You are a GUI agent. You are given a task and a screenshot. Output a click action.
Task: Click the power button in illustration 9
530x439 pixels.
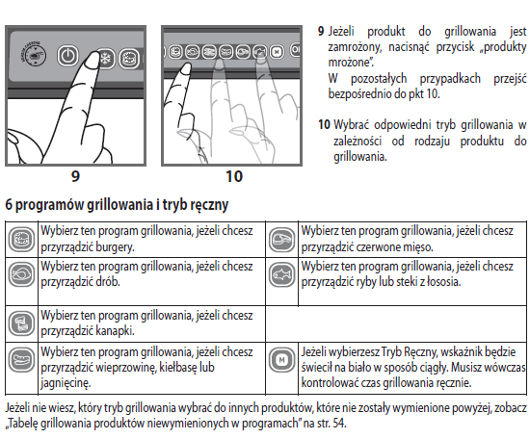(68, 56)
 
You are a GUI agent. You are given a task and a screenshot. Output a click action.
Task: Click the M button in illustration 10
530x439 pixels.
(277, 52)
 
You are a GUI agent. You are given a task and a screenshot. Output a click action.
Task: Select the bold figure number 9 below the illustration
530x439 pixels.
(76, 176)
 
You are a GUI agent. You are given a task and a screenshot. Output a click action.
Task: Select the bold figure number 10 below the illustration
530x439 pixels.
(234, 176)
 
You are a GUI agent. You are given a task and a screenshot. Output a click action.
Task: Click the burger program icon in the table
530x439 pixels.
(21, 240)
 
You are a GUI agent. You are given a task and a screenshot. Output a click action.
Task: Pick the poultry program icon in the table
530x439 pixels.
(21, 274)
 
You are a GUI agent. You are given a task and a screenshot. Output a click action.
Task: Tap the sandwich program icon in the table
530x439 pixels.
(21, 323)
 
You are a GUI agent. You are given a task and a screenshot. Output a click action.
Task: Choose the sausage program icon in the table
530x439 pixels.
(21, 359)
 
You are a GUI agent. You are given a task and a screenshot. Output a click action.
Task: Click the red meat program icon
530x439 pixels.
(282, 240)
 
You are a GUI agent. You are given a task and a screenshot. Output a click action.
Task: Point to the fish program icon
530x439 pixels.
(282, 274)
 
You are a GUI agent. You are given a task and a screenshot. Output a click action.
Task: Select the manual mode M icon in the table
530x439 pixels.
(282, 360)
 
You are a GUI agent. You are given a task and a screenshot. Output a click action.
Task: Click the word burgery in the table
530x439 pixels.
(115, 247)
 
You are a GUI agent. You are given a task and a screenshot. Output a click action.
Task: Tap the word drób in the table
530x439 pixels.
(108, 281)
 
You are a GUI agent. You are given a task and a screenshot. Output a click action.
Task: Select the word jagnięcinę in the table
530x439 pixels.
(66, 383)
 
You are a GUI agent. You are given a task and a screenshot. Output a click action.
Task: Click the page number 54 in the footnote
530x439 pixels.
(338, 424)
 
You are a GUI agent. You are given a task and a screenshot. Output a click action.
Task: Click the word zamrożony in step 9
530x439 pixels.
(355, 47)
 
